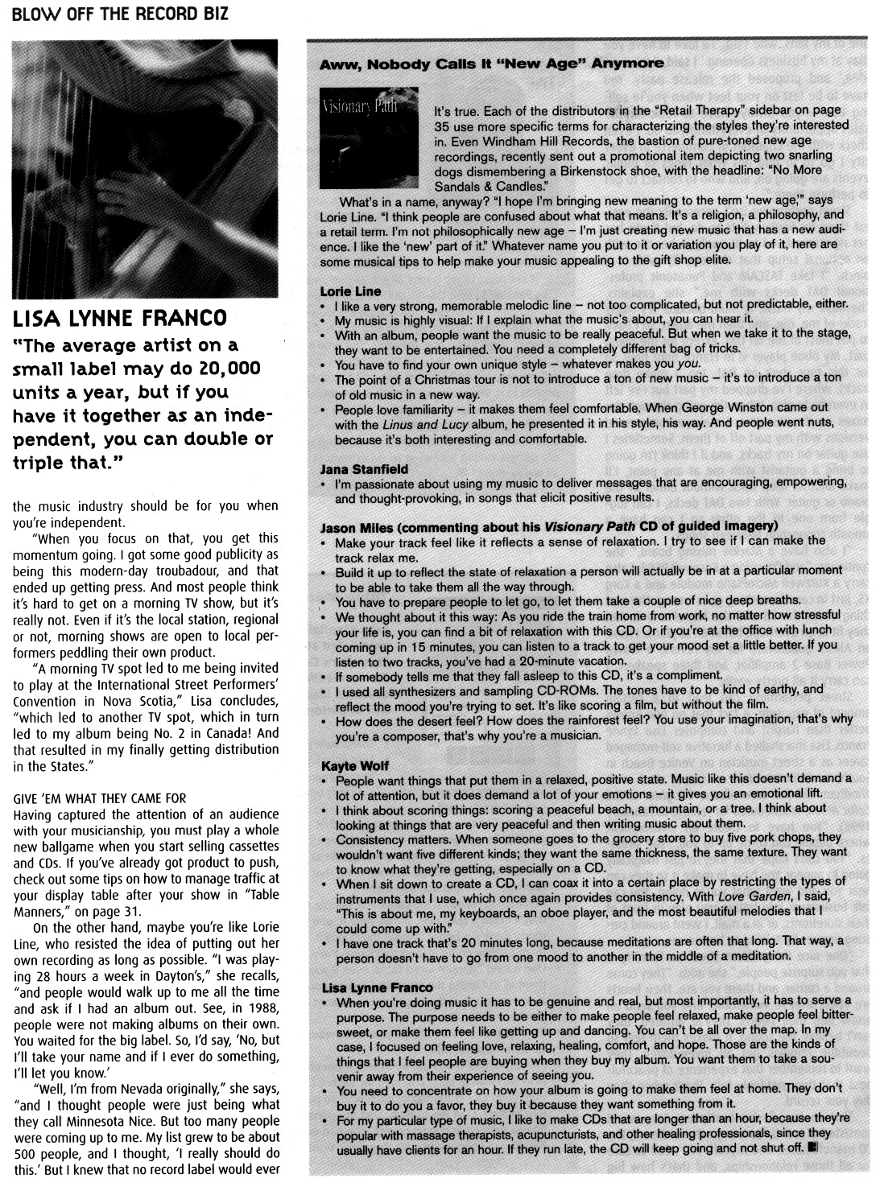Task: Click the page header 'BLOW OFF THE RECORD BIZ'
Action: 120,14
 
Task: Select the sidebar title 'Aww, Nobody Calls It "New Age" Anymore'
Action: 492,63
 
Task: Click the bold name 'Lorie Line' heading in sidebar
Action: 350,291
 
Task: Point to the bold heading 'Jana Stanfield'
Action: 364,468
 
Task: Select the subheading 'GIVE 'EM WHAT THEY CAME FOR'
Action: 100,798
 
